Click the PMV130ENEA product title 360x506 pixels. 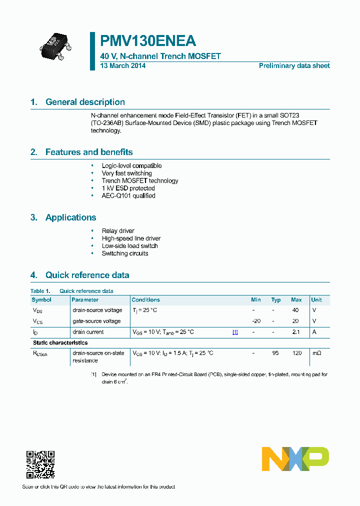click(x=148, y=41)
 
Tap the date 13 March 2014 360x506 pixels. click(x=123, y=66)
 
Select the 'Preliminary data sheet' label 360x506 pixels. click(x=294, y=66)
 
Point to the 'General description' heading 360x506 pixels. click(x=85, y=102)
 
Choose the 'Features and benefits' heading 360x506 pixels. click(x=89, y=152)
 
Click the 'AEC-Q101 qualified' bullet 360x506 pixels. click(x=128, y=195)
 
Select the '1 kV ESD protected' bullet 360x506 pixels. click(x=128, y=188)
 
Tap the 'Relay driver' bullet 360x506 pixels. click(x=118, y=231)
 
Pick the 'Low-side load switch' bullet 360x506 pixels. click(x=129, y=246)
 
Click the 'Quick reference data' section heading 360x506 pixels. click(x=87, y=275)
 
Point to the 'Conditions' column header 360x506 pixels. click(x=145, y=300)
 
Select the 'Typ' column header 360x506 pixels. click(x=276, y=300)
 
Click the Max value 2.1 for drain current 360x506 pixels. click(x=296, y=332)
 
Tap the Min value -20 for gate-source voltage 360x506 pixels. click(x=256, y=321)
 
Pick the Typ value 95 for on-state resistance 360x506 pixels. click(x=275, y=353)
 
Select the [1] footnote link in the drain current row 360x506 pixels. click(x=235, y=332)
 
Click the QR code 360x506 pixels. click(x=40, y=464)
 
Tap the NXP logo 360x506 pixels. click(x=295, y=458)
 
